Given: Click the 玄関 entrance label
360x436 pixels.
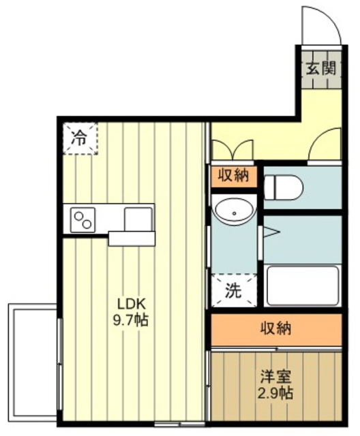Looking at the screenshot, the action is [321, 68].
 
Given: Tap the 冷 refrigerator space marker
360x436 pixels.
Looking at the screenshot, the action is [80, 138].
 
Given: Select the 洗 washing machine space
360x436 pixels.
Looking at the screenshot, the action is [234, 291].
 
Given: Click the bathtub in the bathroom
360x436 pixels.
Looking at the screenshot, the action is [303, 286].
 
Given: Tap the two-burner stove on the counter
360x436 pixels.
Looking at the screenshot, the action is [82, 220].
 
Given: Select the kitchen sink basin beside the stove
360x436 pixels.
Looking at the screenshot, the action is [138, 219].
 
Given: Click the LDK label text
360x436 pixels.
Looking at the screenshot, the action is [132, 305].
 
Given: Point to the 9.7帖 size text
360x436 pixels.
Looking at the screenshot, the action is [130, 320].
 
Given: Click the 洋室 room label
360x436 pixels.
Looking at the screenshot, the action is [275, 377].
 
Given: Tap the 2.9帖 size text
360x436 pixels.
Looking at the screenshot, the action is [275, 393].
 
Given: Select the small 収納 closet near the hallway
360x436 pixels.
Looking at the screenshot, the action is [233, 176].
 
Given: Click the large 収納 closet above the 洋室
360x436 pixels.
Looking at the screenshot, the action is [276, 330].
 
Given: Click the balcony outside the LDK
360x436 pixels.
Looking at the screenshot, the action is [33, 362].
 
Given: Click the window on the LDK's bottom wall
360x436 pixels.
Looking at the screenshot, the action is [180, 424].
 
